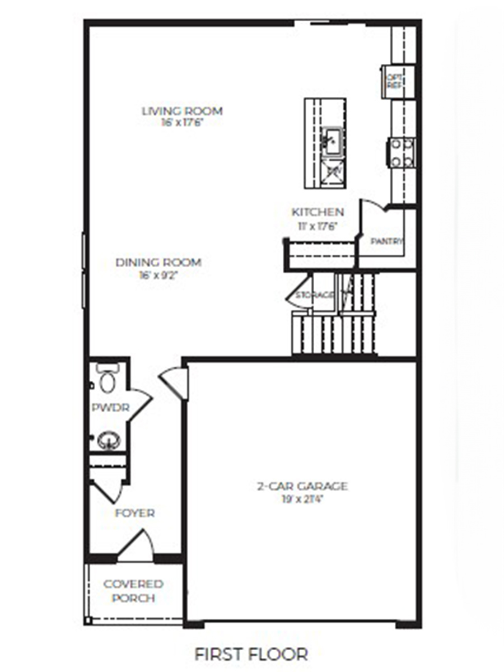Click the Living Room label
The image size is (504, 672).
(182, 111)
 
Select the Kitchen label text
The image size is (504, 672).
(318, 212)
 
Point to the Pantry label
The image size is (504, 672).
(387, 241)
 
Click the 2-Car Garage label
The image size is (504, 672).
(302, 486)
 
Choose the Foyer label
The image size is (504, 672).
(134, 513)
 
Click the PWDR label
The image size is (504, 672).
(110, 408)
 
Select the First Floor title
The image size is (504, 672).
(251, 654)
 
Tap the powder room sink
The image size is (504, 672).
(109, 441)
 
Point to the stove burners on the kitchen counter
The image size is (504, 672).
(402, 153)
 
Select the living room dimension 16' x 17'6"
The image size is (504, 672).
(182, 122)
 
